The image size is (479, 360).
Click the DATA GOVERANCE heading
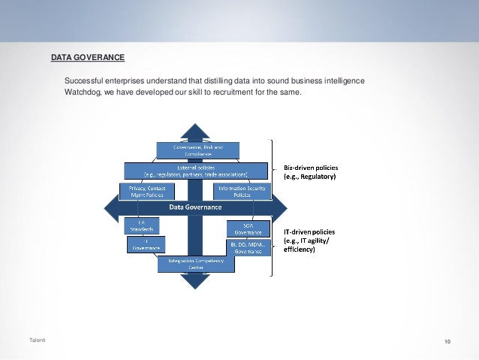[x=87, y=57]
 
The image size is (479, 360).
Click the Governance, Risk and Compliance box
[x=197, y=150]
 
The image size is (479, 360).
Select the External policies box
[x=197, y=170]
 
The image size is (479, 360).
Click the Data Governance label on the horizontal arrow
[x=194, y=207]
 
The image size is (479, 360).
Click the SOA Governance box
[x=247, y=228]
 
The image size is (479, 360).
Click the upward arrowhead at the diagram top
[x=195, y=130]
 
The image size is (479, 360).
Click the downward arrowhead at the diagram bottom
[x=195, y=281]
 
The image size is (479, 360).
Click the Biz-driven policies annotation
[x=310, y=171]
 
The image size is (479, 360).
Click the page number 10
[x=447, y=342]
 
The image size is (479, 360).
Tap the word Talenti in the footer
[x=37, y=342]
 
